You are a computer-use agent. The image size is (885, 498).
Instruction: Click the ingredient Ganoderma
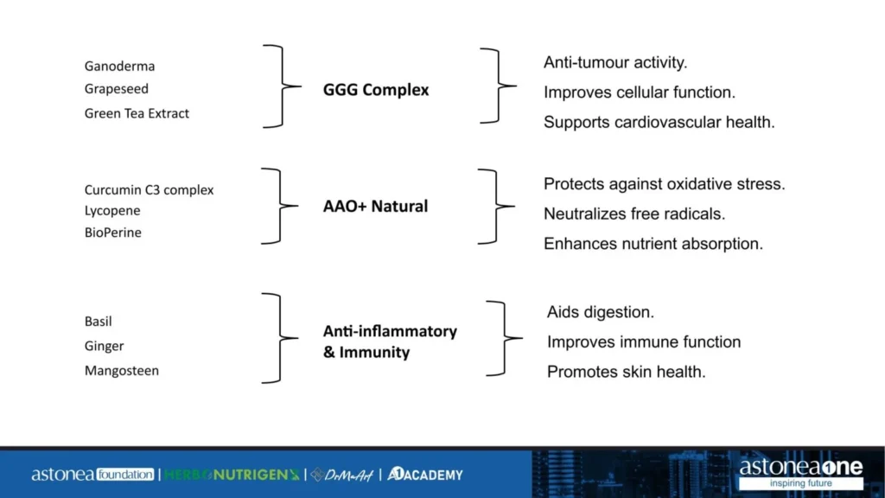(x=119, y=66)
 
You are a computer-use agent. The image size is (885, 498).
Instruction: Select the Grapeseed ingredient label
(x=116, y=89)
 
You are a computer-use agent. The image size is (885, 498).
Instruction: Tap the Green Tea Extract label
(x=137, y=113)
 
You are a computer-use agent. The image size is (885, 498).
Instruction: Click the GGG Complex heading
(x=375, y=90)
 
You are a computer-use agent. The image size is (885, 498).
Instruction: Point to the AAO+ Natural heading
(x=375, y=207)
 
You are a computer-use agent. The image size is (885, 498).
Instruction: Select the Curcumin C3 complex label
(x=149, y=190)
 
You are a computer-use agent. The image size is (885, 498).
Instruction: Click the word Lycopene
(x=112, y=211)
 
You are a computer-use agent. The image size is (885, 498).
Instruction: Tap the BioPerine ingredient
(x=112, y=233)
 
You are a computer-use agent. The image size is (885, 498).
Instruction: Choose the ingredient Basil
(x=99, y=322)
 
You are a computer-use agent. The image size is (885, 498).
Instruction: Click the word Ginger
(x=104, y=346)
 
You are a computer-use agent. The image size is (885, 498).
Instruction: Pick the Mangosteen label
(x=121, y=371)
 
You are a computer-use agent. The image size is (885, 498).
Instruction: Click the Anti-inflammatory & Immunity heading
(x=389, y=342)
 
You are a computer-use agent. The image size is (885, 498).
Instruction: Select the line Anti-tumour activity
(x=614, y=62)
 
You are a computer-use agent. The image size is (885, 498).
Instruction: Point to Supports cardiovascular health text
(x=659, y=122)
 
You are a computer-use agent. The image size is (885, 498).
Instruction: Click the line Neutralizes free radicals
(x=634, y=214)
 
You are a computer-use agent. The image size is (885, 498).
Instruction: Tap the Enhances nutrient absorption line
(x=653, y=244)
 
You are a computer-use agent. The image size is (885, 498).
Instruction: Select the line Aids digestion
(x=600, y=311)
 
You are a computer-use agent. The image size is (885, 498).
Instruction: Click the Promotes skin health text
(x=626, y=372)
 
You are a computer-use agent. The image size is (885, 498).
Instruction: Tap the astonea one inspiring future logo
(x=800, y=473)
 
